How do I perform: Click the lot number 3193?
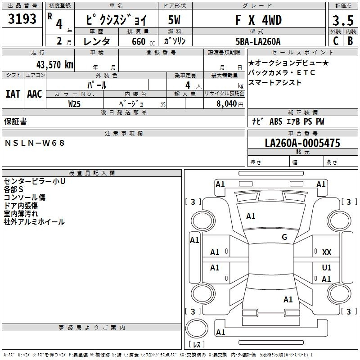22,19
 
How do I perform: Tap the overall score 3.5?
343,21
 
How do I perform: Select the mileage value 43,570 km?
55,65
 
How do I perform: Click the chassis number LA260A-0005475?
302,143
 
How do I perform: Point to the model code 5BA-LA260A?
258,41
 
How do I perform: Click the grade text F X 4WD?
258,20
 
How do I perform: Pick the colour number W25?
74,104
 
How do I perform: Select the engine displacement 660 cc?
144,41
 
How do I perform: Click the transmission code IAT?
13,94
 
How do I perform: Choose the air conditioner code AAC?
35,94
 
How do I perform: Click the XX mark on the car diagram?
327,252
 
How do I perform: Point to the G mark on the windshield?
284,237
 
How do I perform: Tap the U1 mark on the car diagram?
327,267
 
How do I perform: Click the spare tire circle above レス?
197,328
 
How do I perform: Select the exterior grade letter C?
336,41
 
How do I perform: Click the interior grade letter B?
351,41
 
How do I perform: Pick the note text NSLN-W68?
35,143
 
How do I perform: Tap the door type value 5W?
174,20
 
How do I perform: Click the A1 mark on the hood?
251,216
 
